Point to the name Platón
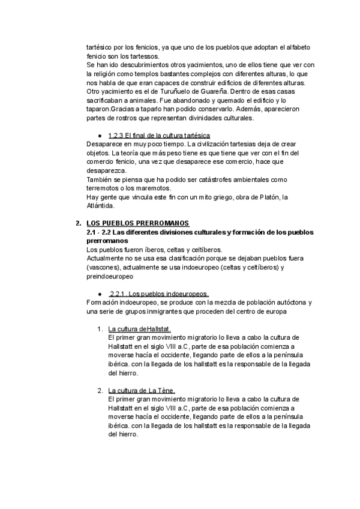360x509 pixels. [x=265, y=197]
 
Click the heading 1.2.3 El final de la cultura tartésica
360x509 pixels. [x=159, y=135]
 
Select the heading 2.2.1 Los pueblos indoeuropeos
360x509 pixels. [x=159, y=294]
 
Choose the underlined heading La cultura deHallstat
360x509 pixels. [x=140, y=329]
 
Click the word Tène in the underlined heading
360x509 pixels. [x=164, y=391]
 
